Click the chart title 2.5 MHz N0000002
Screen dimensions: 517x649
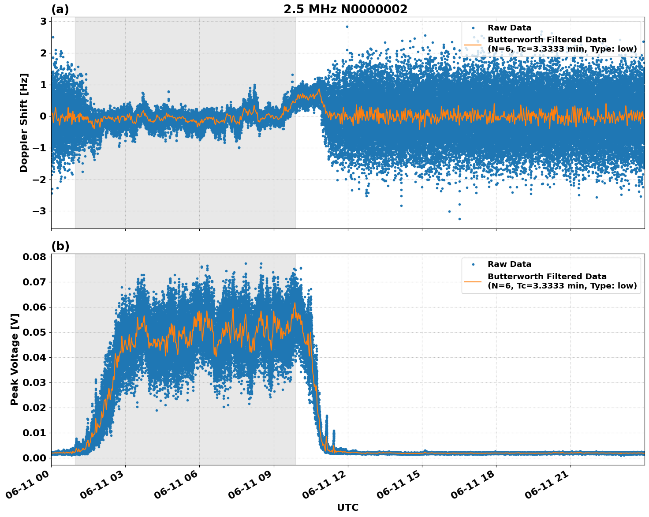345,9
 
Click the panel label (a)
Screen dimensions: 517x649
60,9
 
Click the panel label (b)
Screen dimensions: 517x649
60,246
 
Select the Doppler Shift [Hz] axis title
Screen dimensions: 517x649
24,123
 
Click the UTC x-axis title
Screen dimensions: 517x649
347,507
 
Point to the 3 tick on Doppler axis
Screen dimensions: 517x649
43,21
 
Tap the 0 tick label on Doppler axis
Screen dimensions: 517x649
43,116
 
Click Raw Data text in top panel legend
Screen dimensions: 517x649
509,28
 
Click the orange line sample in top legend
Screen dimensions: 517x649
473,45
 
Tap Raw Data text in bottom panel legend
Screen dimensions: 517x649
509,264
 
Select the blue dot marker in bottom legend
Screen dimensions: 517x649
473,264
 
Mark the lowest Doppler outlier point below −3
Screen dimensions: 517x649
459,219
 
